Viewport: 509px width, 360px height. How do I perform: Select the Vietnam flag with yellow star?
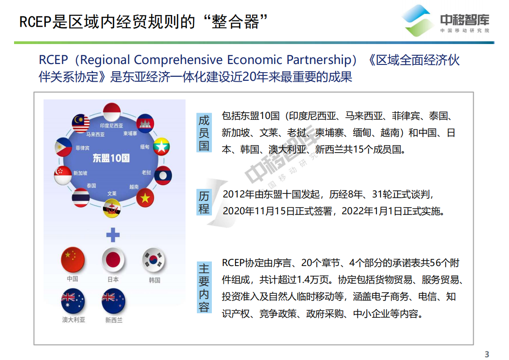(x=145, y=198)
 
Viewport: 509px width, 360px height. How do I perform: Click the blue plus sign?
(x=113, y=235)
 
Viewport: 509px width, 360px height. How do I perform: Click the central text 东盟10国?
(x=111, y=158)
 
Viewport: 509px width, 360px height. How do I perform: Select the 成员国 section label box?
(x=204, y=133)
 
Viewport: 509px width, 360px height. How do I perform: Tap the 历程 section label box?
(x=204, y=202)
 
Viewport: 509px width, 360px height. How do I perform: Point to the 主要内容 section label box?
(x=204, y=288)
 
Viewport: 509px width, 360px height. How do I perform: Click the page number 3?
(x=487, y=354)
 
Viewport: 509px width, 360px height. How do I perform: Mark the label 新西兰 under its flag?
(x=114, y=320)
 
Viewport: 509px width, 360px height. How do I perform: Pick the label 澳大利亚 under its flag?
(x=73, y=320)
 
